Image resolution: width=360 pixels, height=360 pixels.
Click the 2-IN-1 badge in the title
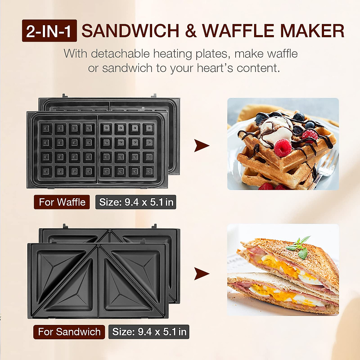click(x=49, y=31)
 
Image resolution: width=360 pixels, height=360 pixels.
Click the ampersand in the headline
click(x=191, y=31)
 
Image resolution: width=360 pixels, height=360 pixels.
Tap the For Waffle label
click(x=62, y=202)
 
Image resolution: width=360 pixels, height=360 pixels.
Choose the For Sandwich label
click(x=69, y=332)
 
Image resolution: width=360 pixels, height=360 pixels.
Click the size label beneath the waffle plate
click(x=136, y=202)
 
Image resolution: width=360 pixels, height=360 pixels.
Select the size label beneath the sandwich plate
click(x=149, y=332)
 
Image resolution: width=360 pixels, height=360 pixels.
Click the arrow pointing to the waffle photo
click(x=201, y=145)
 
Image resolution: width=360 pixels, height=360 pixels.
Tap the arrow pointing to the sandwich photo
click(x=201, y=274)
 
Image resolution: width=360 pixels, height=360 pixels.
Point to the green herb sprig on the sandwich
click(x=298, y=247)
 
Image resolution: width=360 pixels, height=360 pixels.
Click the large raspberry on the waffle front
click(x=282, y=148)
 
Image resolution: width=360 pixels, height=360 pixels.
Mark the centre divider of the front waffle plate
click(x=97, y=150)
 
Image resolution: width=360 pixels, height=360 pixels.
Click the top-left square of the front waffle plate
click(x=46, y=129)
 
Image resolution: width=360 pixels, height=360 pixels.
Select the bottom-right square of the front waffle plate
click(x=148, y=172)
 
